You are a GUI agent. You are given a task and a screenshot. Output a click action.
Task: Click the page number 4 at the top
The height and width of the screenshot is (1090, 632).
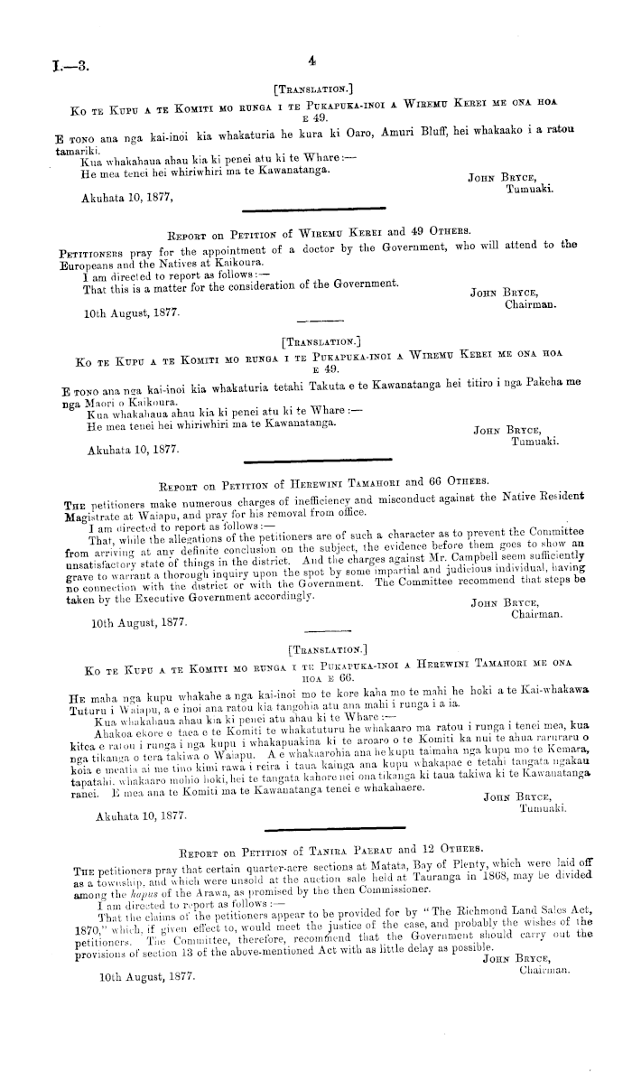point(311,61)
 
